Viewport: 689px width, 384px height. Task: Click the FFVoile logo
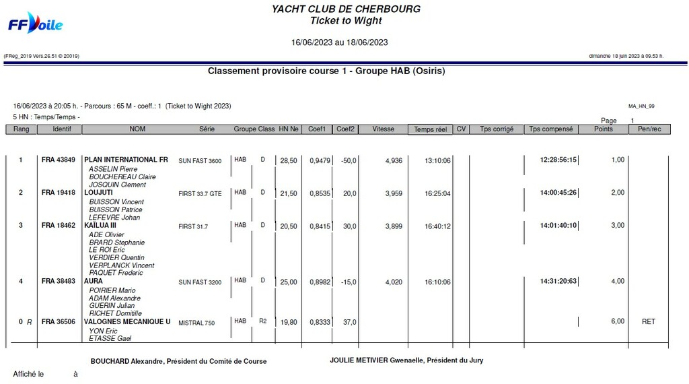35,24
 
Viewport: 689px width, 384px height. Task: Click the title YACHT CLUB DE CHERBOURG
346,9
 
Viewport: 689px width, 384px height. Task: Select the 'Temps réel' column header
430,129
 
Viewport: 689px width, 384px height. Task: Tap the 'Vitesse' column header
383,129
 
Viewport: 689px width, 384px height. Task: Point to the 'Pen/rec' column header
649,129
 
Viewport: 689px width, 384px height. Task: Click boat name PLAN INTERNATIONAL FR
126,160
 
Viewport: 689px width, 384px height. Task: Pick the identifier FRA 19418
58,193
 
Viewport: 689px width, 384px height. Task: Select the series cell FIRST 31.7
193,227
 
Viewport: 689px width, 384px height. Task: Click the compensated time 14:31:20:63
558,282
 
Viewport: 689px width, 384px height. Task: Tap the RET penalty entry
648,322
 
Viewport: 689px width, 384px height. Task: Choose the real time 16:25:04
437,193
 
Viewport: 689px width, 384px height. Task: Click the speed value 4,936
394,161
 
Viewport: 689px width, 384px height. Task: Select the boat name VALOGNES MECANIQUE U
127,322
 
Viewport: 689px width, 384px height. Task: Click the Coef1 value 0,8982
320,282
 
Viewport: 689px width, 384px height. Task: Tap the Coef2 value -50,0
349,161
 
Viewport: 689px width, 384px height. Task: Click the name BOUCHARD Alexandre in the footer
126,361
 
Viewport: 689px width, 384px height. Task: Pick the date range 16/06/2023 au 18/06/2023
339,42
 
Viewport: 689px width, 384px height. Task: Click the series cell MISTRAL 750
196,323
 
